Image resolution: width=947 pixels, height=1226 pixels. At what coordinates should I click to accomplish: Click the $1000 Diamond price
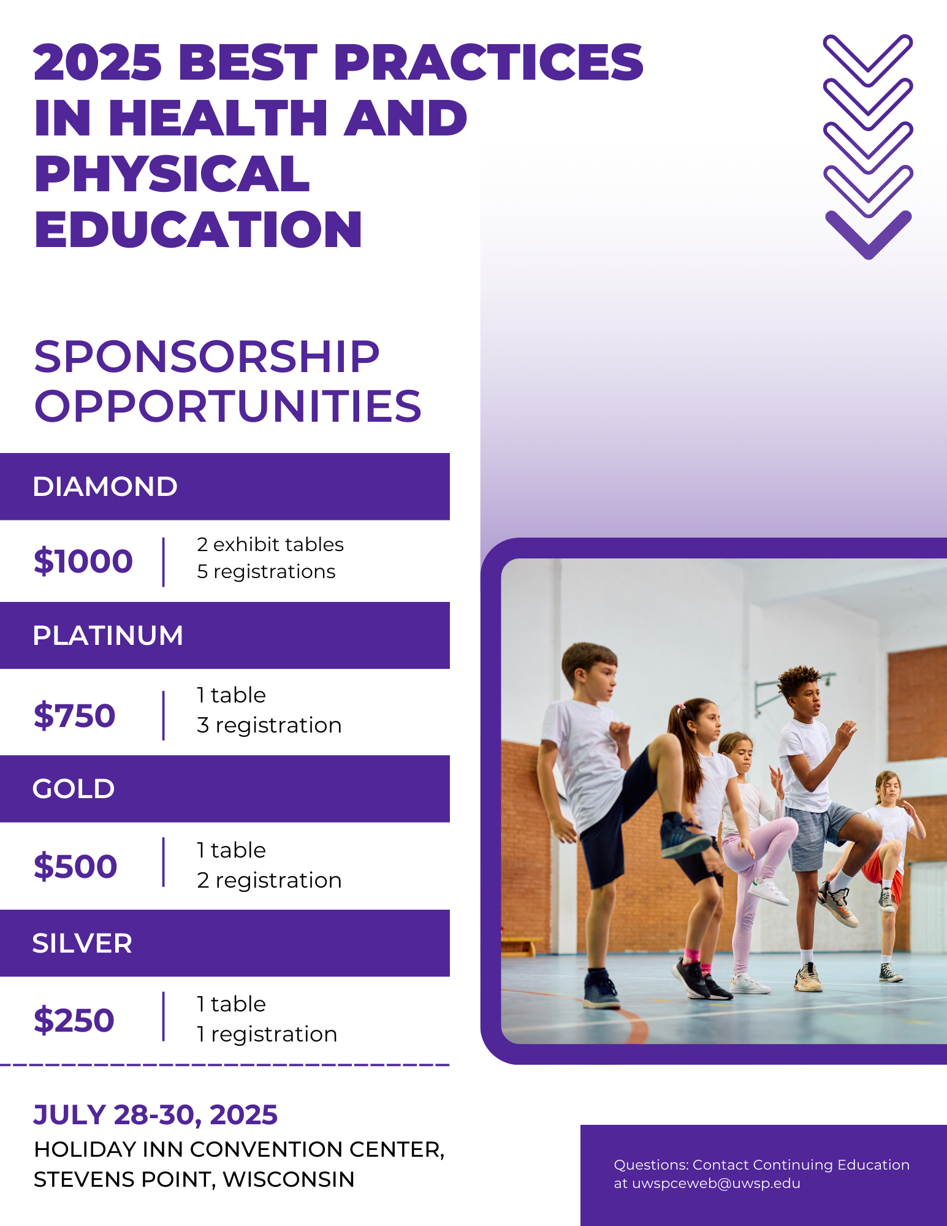pos(83,561)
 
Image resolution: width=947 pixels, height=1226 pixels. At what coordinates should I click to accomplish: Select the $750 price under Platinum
pos(75,715)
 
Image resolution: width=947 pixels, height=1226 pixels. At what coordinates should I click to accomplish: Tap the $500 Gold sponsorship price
pos(75,866)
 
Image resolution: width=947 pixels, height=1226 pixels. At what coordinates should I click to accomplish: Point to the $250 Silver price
pos(74,1020)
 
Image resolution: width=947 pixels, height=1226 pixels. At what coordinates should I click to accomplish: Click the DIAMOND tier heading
pos(105,487)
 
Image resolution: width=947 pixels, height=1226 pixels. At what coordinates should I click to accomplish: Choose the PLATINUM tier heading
pos(108,636)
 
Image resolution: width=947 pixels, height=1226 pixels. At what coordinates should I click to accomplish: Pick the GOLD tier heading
pos(74,789)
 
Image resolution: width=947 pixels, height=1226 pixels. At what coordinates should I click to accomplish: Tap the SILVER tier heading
pos(82,943)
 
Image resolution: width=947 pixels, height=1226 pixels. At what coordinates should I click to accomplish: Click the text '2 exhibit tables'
pos(270,544)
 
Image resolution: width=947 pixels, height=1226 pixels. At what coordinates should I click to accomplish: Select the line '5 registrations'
pos(266,571)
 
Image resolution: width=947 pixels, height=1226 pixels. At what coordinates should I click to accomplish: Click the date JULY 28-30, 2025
pos(156,1115)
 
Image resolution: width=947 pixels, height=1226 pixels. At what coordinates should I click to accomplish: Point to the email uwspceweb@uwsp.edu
pos(716,1184)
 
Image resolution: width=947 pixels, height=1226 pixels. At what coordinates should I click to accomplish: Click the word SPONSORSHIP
pos(207,357)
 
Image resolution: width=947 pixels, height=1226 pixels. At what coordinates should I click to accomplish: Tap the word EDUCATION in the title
pos(199,229)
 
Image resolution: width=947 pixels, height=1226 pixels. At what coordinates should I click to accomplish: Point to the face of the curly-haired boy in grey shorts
pos(810,698)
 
